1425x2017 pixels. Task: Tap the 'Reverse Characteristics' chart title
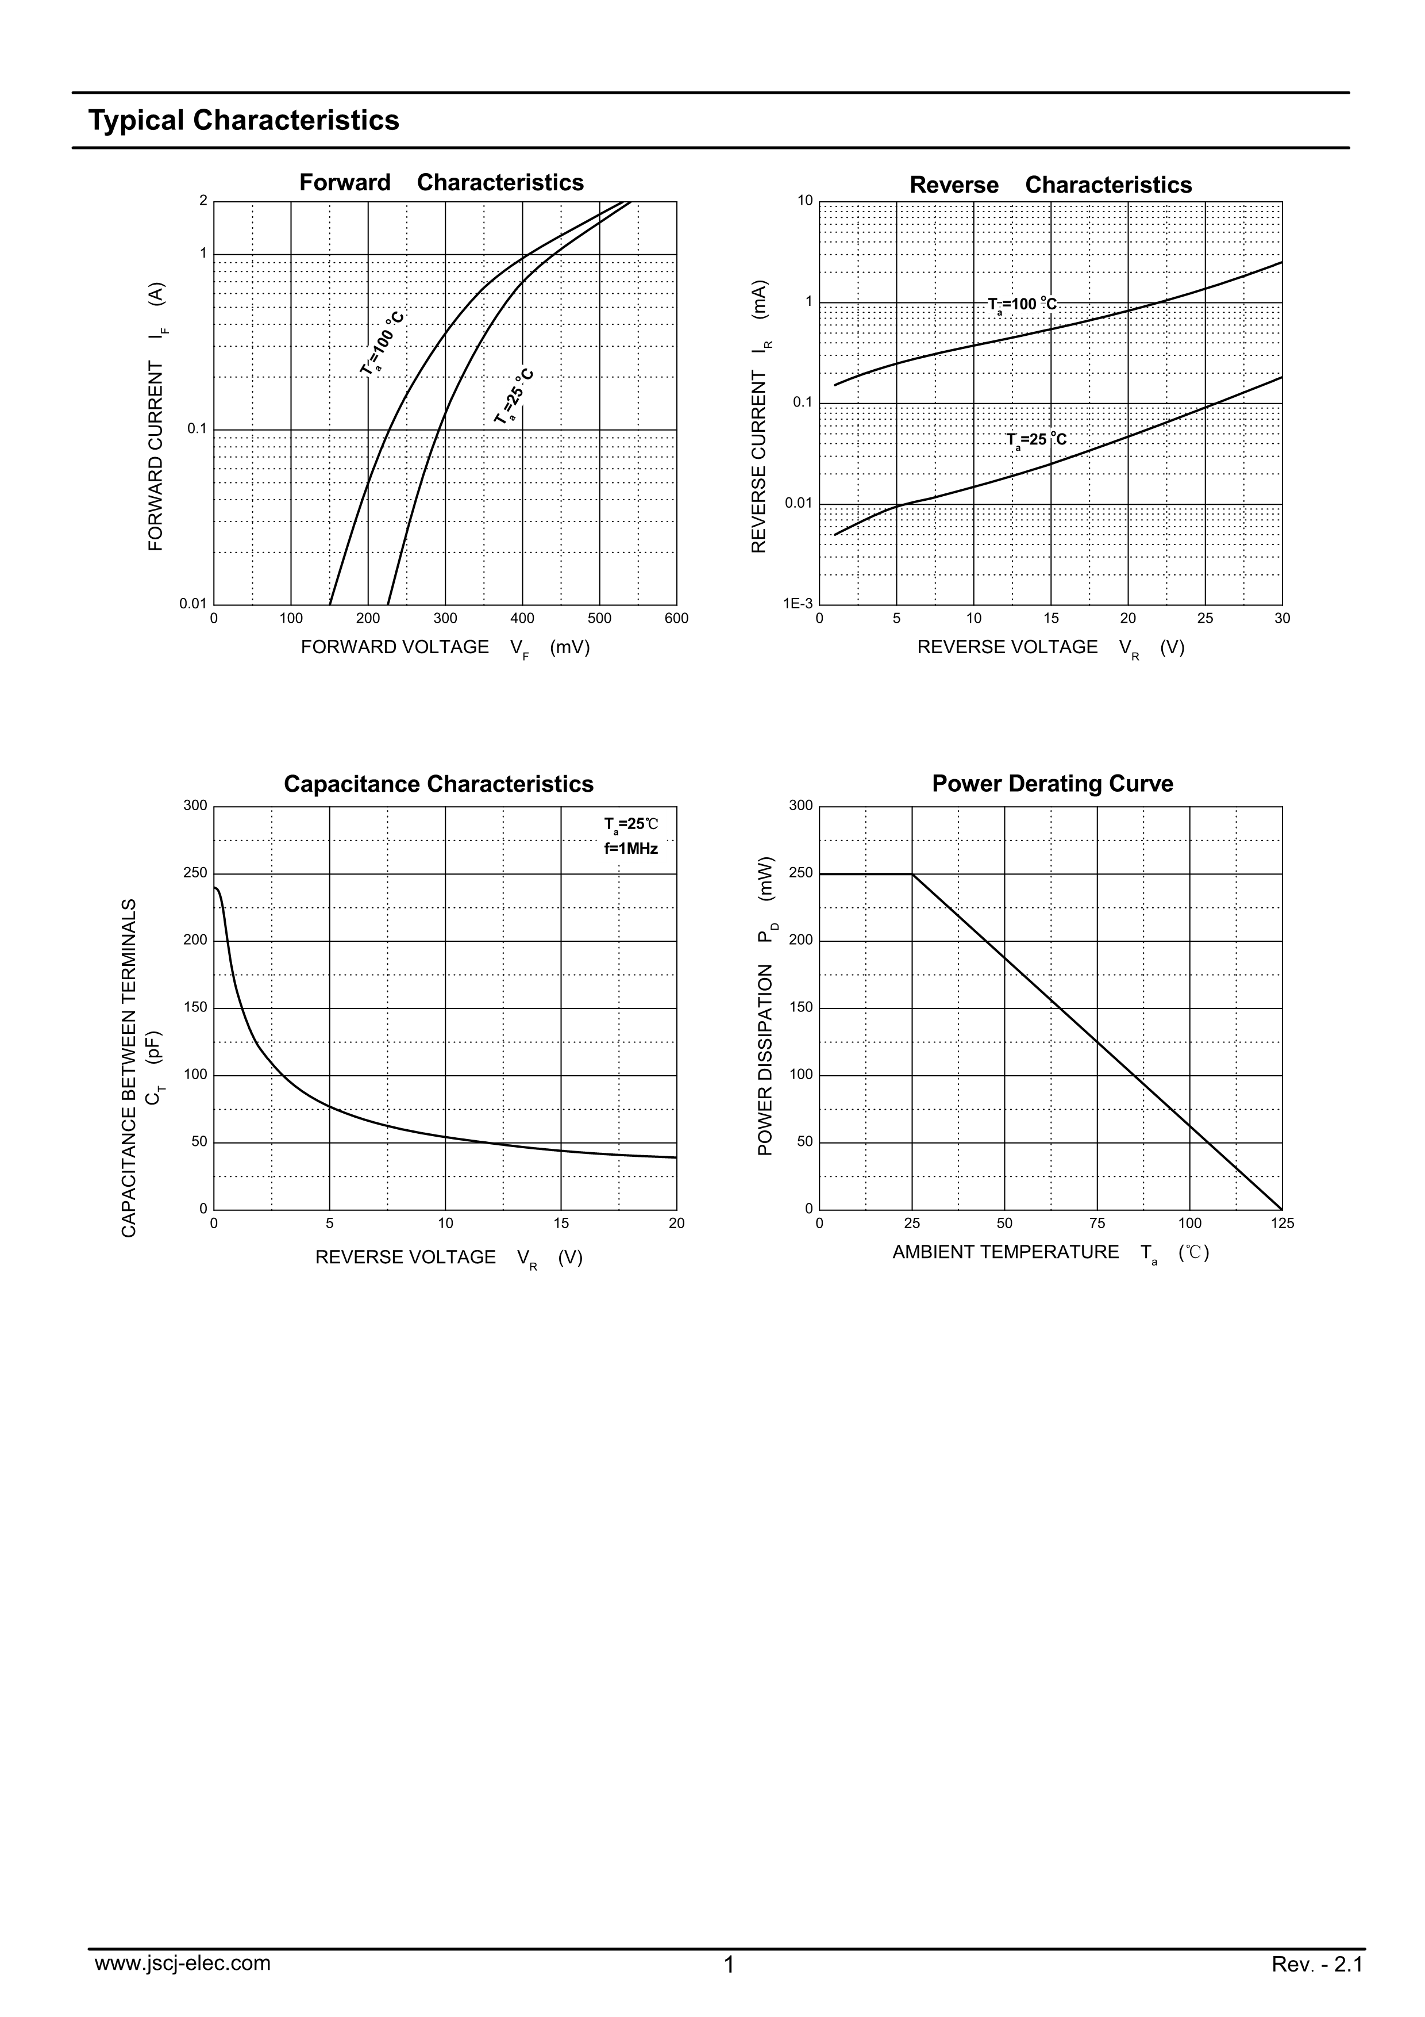[1050, 185]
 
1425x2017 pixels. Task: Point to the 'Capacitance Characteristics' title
[438, 784]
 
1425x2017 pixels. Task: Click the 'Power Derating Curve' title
[1052, 784]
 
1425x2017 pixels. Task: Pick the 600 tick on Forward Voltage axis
[676, 619]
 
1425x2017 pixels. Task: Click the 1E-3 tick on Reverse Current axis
[798, 604]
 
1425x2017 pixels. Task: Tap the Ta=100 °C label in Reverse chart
[1022, 305]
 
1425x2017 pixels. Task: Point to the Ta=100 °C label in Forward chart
[383, 343]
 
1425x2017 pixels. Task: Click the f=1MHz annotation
[630, 849]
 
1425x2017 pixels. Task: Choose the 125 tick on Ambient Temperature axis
[1282, 1224]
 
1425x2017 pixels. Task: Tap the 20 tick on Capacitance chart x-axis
[676, 1224]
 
